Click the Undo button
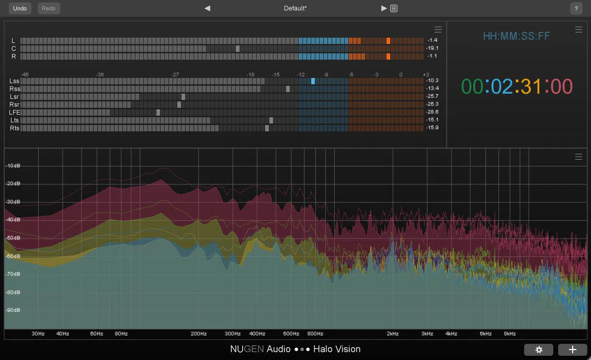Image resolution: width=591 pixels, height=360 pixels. tap(20, 8)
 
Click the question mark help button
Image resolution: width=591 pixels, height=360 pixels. tap(576, 8)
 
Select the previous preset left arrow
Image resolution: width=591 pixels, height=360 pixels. tap(208, 8)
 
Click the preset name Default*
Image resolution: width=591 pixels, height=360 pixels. tap(295, 8)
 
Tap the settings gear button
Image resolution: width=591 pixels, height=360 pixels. tap(539, 350)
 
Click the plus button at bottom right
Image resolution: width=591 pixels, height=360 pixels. tap(572, 350)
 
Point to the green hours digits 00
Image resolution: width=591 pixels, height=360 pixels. tap(472, 86)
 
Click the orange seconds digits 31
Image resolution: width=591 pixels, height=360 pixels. tap(531, 86)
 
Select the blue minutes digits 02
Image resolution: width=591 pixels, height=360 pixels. tap(502, 86)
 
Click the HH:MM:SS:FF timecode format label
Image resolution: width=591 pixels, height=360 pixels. tap(516, 36)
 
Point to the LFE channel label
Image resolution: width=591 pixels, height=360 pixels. tap(14, 113)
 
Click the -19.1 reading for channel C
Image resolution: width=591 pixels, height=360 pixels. tap(432, 48)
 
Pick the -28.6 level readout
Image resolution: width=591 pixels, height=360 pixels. tap(432, 113)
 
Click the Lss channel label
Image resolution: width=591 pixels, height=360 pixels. tap(14, 81)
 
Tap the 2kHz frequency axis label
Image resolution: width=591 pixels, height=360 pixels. tap(393, 334)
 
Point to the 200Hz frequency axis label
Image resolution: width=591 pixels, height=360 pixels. tap(198, 334)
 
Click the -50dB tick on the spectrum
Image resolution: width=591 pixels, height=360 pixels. tap(13, 238)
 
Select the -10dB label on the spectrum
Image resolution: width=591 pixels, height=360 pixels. tap(13, 166)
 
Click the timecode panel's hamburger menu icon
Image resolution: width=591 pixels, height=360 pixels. tap(578, 30)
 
